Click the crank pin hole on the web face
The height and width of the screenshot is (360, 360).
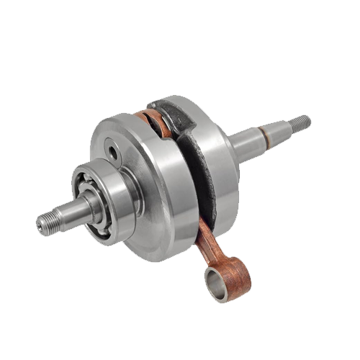pos(113,153)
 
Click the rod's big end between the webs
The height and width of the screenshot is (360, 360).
pos(156,119)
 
